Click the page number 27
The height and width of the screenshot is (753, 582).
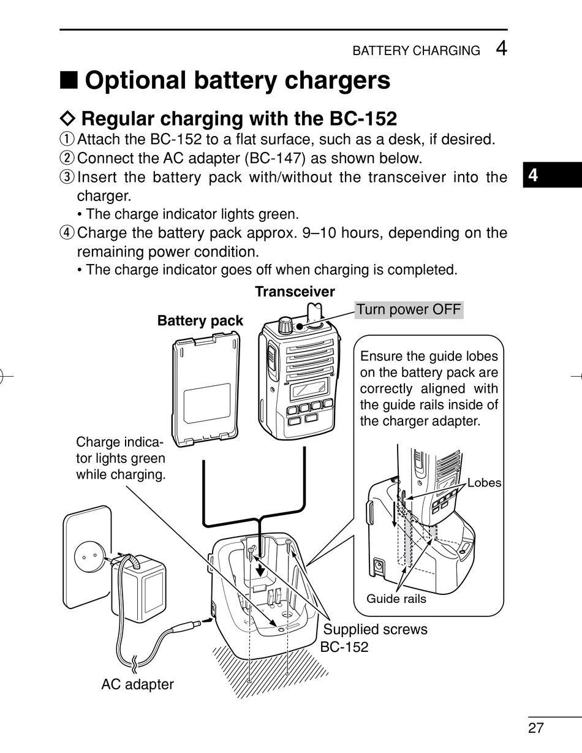[x=536, y=727]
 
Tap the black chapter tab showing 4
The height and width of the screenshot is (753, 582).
[x=534, y=176]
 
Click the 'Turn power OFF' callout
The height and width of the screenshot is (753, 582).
[x=409, y=309]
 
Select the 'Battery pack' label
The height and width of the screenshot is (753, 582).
[x=200, y=320]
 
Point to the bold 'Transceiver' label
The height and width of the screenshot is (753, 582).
[x=295, y=292]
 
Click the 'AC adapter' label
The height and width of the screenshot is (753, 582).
[x=137, y=684]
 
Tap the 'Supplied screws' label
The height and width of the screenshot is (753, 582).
[x=375, y=629]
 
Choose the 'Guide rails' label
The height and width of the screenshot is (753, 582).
[x=396, y=599]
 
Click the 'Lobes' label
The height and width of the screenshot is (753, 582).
[x=484, y=483]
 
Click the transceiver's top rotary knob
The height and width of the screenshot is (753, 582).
[x=285, y=326]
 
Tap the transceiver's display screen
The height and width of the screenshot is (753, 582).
[x=308, y=387]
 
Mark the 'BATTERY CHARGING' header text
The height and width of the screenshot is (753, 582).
[x=416, y=51]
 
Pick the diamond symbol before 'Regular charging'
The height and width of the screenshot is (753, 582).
[x=69, y=118]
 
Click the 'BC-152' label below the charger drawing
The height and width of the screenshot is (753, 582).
[x=344, y=646]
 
